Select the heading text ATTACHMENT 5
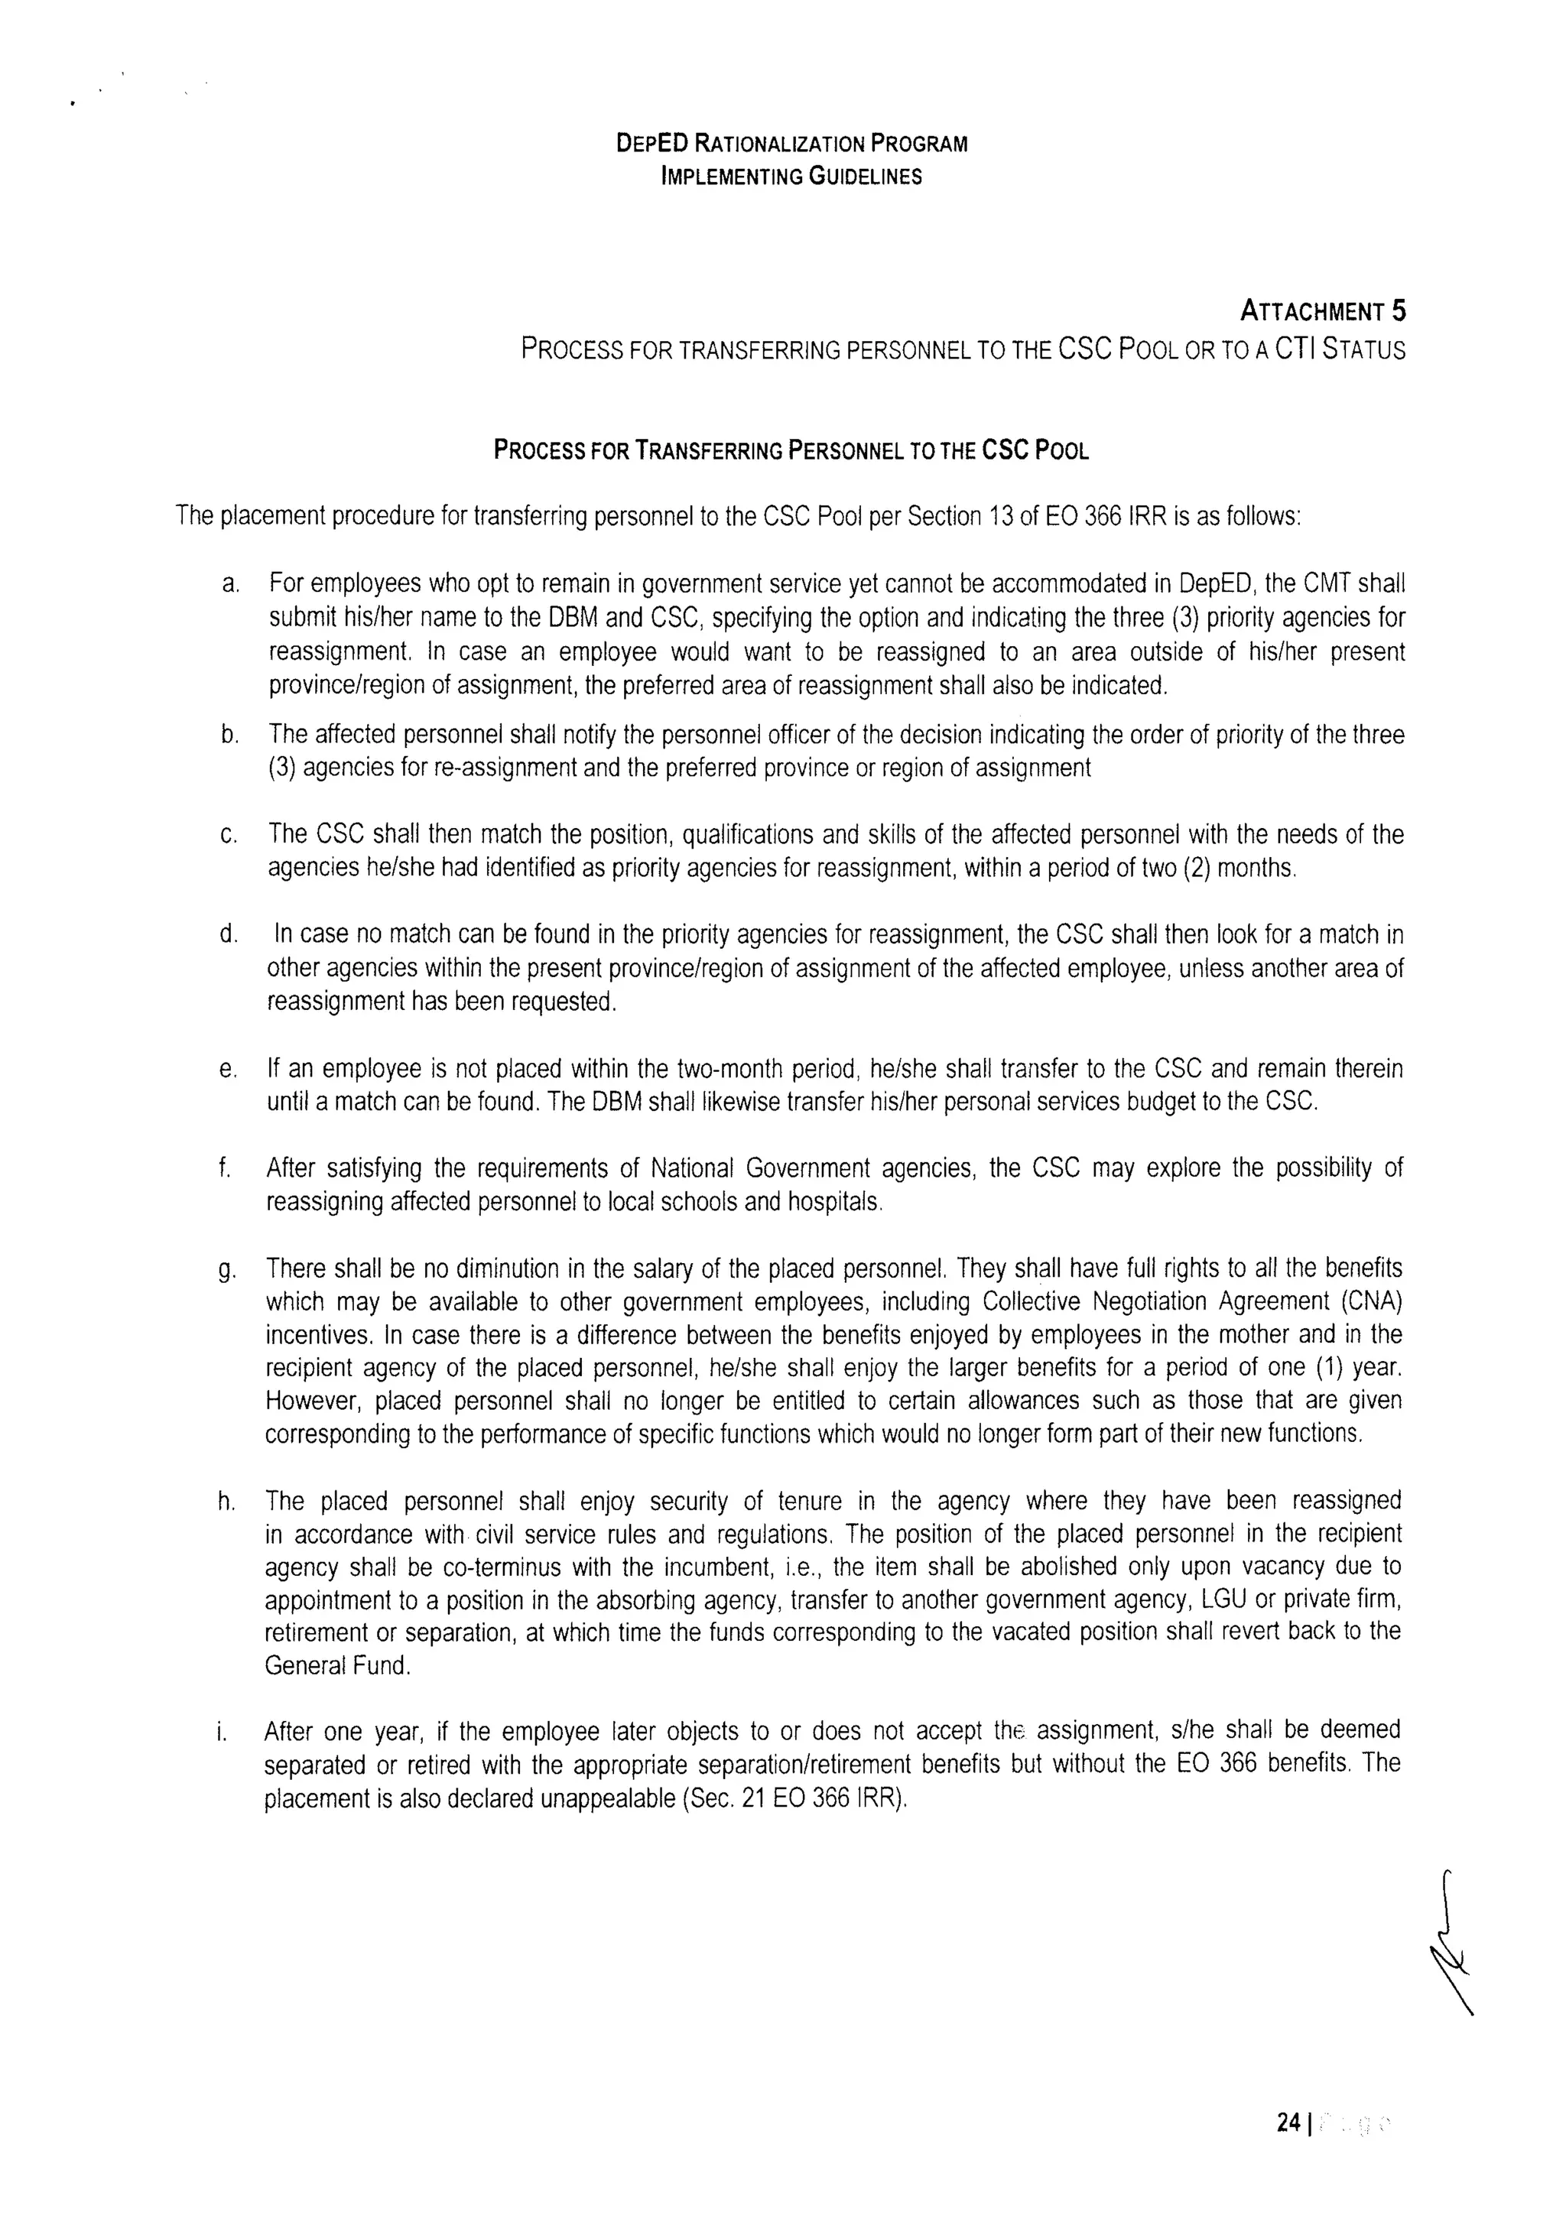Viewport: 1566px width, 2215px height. (x=1322, y=312)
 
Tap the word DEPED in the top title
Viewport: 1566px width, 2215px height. (x=652, y=144)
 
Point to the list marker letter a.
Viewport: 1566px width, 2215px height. (x=229, y=585)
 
